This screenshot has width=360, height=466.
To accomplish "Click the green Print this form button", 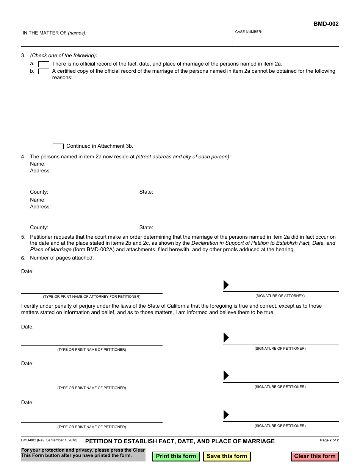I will (x=176, y=456).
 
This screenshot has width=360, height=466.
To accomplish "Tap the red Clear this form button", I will (x=315, y=456).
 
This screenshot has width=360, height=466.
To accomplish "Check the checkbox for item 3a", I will (x=44, y=64).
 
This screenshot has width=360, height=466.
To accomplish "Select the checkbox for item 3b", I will (x=44, y=71).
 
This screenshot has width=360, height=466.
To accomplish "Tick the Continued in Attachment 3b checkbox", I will (x=58, y=146).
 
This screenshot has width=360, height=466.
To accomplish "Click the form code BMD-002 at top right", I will (x=326, y=24).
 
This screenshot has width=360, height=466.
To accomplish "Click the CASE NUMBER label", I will (x=249, y=32).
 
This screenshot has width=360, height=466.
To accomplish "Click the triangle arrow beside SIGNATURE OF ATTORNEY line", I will (x=226, y=285).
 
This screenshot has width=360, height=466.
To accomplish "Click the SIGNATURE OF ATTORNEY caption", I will (x=280, y=296).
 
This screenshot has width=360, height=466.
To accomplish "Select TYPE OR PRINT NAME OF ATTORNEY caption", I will (x=92, y=297).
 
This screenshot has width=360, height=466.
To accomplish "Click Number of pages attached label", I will (x=62, y=258).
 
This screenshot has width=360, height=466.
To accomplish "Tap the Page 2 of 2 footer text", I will (x=329, y=440).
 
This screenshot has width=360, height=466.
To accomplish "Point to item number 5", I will (x=23, y=237).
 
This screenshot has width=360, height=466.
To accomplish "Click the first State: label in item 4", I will (x=146, y=192).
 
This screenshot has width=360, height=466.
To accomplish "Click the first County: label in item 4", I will (x=39, y=192).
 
